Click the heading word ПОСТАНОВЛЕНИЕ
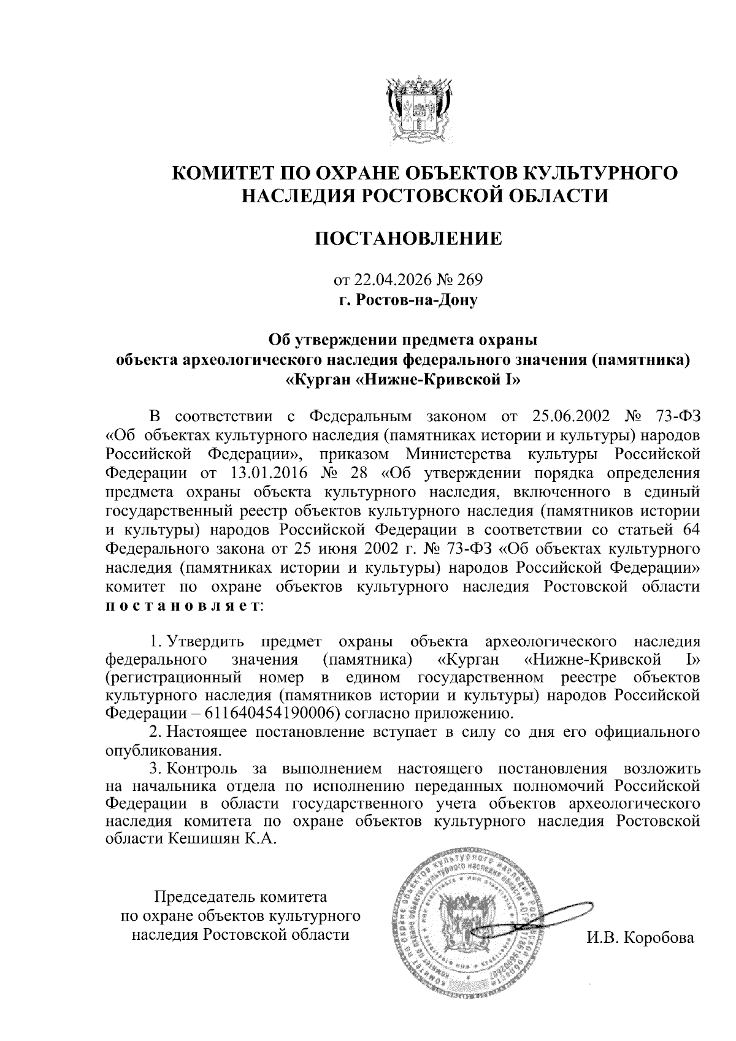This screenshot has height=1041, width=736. [408, 238]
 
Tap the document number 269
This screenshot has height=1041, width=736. [470, 280]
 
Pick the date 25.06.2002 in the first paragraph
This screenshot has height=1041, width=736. [568, 416]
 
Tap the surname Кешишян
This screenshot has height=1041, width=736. [199, 838]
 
